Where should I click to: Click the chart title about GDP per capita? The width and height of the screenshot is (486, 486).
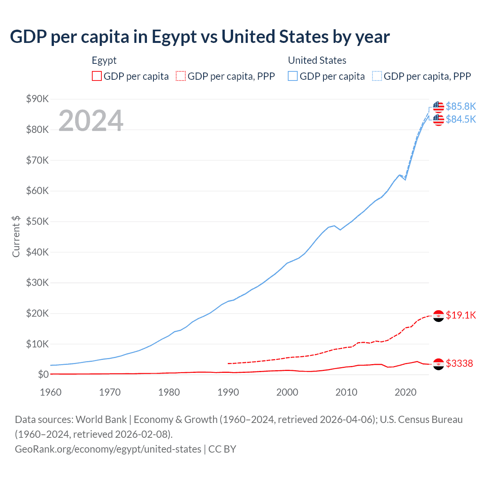pos(200,37)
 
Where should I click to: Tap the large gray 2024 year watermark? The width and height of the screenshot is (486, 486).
pos(91,121)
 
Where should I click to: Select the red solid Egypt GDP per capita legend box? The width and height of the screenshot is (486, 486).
pos(97,76)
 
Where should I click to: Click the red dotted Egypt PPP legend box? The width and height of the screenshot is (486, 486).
pos(181,76)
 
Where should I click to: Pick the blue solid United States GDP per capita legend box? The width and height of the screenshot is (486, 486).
pos(293,76)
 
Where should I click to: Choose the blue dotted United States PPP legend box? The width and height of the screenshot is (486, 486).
pos(377,76)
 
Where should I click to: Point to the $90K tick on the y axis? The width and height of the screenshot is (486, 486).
pos(37,99)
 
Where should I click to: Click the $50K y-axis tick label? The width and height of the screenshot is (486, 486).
pos(37,221)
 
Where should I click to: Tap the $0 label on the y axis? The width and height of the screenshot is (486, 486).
pos(43,374)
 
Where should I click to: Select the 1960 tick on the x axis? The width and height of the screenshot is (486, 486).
pos(50,392)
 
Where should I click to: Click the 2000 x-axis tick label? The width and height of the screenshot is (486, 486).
pos(287,392)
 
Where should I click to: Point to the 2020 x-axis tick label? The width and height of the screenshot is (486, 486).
pos(406,392)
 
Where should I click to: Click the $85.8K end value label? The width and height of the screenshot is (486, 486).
pos(461,106)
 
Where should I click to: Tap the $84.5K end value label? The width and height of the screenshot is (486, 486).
pos(461,119)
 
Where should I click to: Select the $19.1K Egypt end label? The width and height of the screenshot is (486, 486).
pos(461,315)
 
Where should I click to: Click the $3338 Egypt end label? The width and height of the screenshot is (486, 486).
pos(459,363)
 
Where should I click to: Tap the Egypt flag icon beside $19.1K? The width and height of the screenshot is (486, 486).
pos(439,316)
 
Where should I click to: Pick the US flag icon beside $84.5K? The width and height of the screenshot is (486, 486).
pos(439,120)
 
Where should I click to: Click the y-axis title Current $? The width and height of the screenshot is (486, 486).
pos(16,237)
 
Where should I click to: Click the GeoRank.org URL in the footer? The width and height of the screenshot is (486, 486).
pos(108,449)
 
